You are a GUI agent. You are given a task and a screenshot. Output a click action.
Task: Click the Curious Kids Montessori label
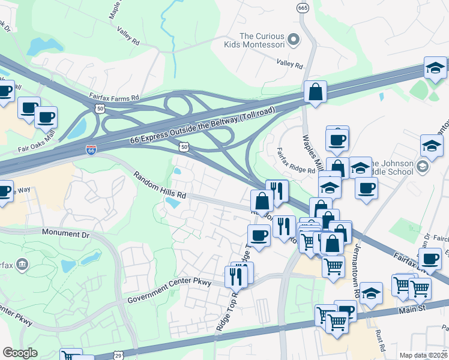pos(262,41)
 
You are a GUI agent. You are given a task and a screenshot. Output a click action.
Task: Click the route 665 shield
pos(303,7)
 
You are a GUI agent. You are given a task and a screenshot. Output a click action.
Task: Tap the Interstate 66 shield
pos(91,150)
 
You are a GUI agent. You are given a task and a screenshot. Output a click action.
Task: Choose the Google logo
pos(20,353)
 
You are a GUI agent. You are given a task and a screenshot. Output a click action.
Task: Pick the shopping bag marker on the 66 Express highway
pos(315,92)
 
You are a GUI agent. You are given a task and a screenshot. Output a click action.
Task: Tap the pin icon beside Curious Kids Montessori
pos(294,40)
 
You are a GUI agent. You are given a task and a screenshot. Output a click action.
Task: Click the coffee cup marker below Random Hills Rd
pos(259,235)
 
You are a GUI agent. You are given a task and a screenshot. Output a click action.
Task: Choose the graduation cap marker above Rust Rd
pos(371,294)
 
